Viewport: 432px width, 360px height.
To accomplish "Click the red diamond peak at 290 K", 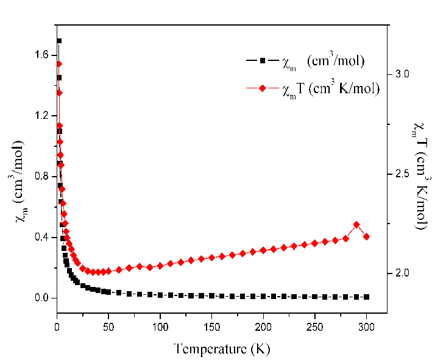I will [356, 225].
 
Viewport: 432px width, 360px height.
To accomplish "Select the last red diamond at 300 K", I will [366, 236].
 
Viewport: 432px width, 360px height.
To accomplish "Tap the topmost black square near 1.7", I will [59, 41].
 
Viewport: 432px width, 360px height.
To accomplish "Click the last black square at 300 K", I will [366, 297].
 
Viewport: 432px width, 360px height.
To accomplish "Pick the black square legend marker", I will [261, 60].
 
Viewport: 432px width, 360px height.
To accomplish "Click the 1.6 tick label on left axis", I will [41, 55].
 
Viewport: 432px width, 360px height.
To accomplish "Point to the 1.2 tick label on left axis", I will [41, 115].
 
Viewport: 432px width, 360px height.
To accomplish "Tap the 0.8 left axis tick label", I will [41, 176].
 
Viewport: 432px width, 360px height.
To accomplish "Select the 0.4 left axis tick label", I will [41, 237].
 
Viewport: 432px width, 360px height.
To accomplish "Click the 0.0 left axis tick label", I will [41, 298].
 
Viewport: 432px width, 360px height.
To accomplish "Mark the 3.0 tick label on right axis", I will [401, 74].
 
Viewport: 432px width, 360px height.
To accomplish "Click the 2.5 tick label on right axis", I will [401, 174].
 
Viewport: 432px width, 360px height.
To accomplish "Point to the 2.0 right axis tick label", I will [401, 273].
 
